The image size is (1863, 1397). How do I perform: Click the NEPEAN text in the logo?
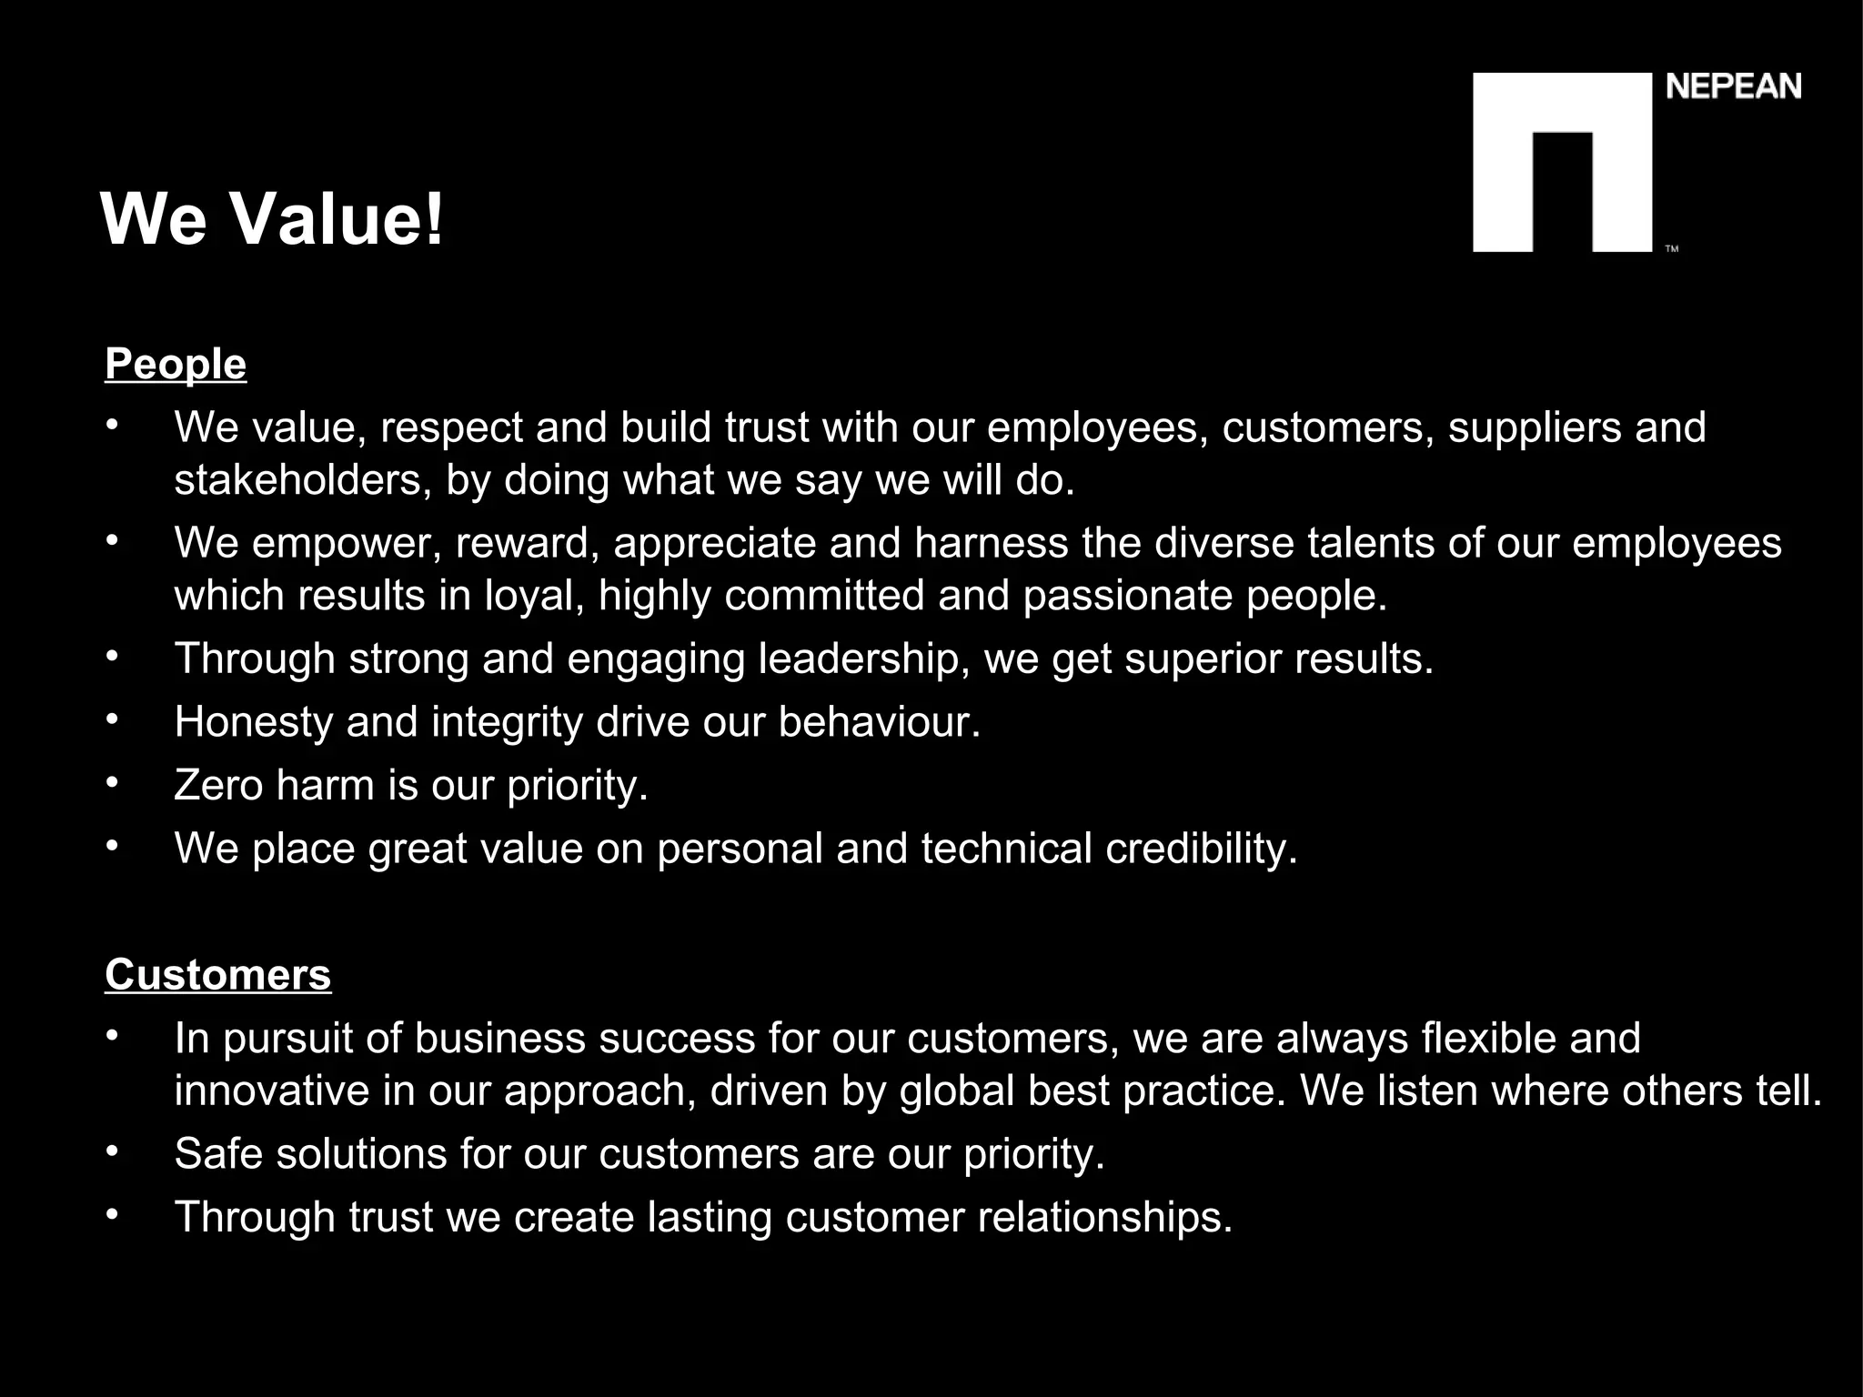1733,87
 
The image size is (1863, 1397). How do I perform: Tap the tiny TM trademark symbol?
1671,249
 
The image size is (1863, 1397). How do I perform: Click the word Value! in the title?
337,220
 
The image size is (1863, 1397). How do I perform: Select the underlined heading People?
176,365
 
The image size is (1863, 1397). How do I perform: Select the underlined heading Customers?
218,975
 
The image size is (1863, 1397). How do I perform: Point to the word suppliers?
1534,427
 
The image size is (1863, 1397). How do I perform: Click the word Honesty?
254,722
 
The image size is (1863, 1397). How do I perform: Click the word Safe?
218,1154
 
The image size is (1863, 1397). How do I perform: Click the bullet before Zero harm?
112,782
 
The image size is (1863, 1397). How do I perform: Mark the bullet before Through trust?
112,1214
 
